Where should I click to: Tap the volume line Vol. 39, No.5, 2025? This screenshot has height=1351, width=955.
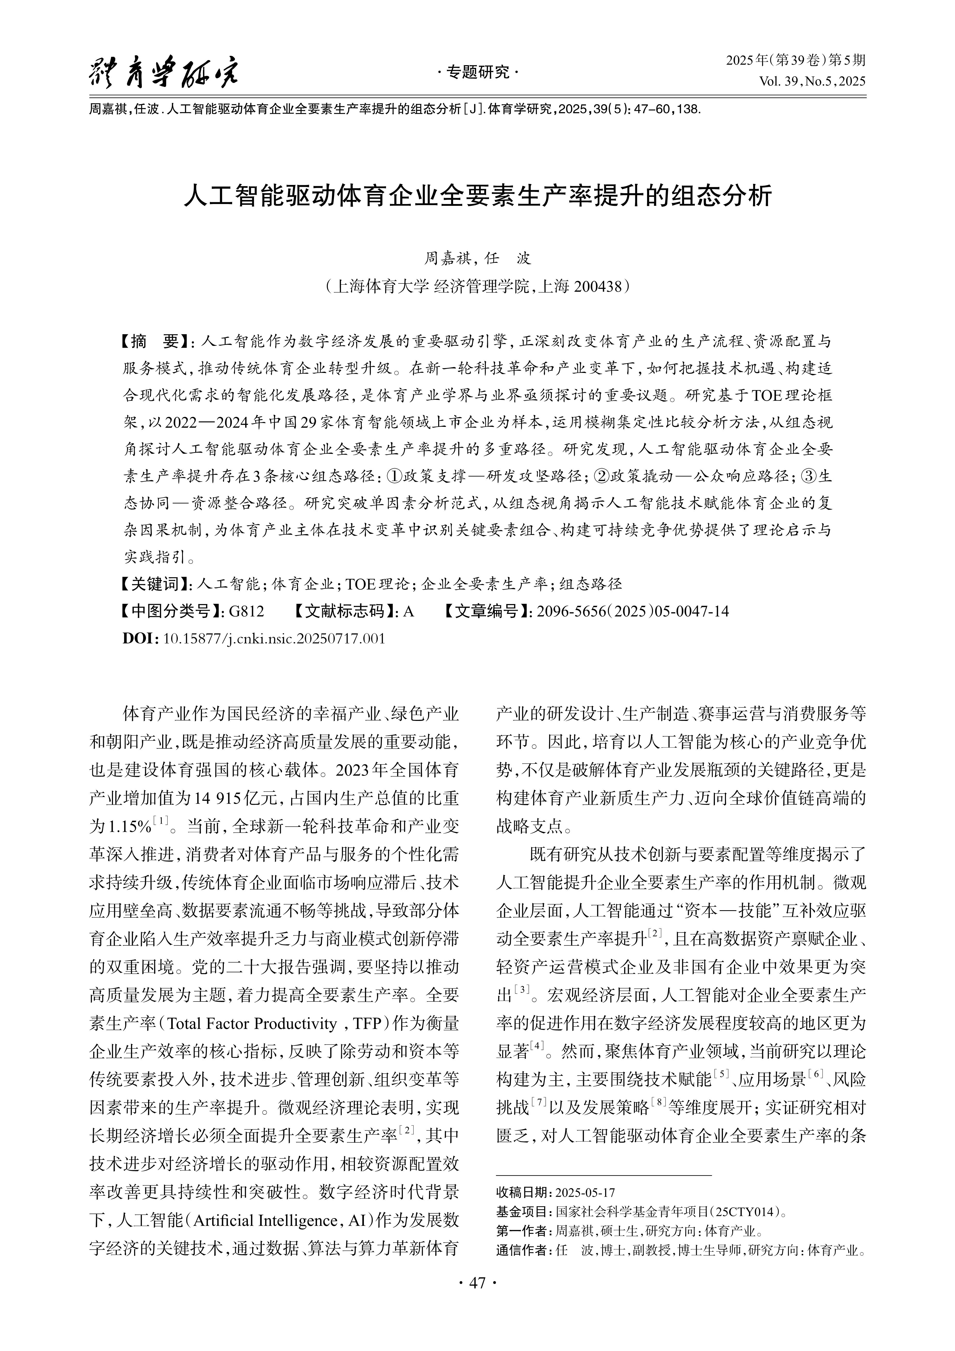coord(812,81)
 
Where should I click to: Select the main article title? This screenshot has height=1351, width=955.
coord(477,196)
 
